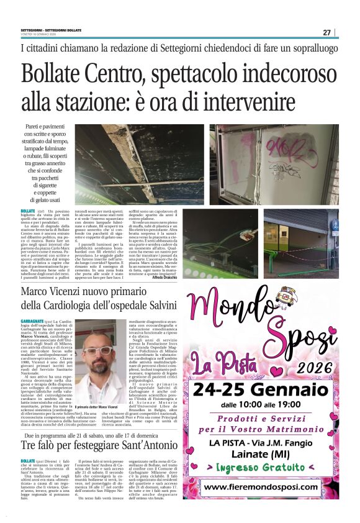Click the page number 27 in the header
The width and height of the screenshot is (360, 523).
tap(326, 32)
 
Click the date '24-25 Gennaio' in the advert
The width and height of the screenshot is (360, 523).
tap(257, 391)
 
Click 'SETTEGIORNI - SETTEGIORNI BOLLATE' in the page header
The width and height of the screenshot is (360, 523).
tap(50, 30)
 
